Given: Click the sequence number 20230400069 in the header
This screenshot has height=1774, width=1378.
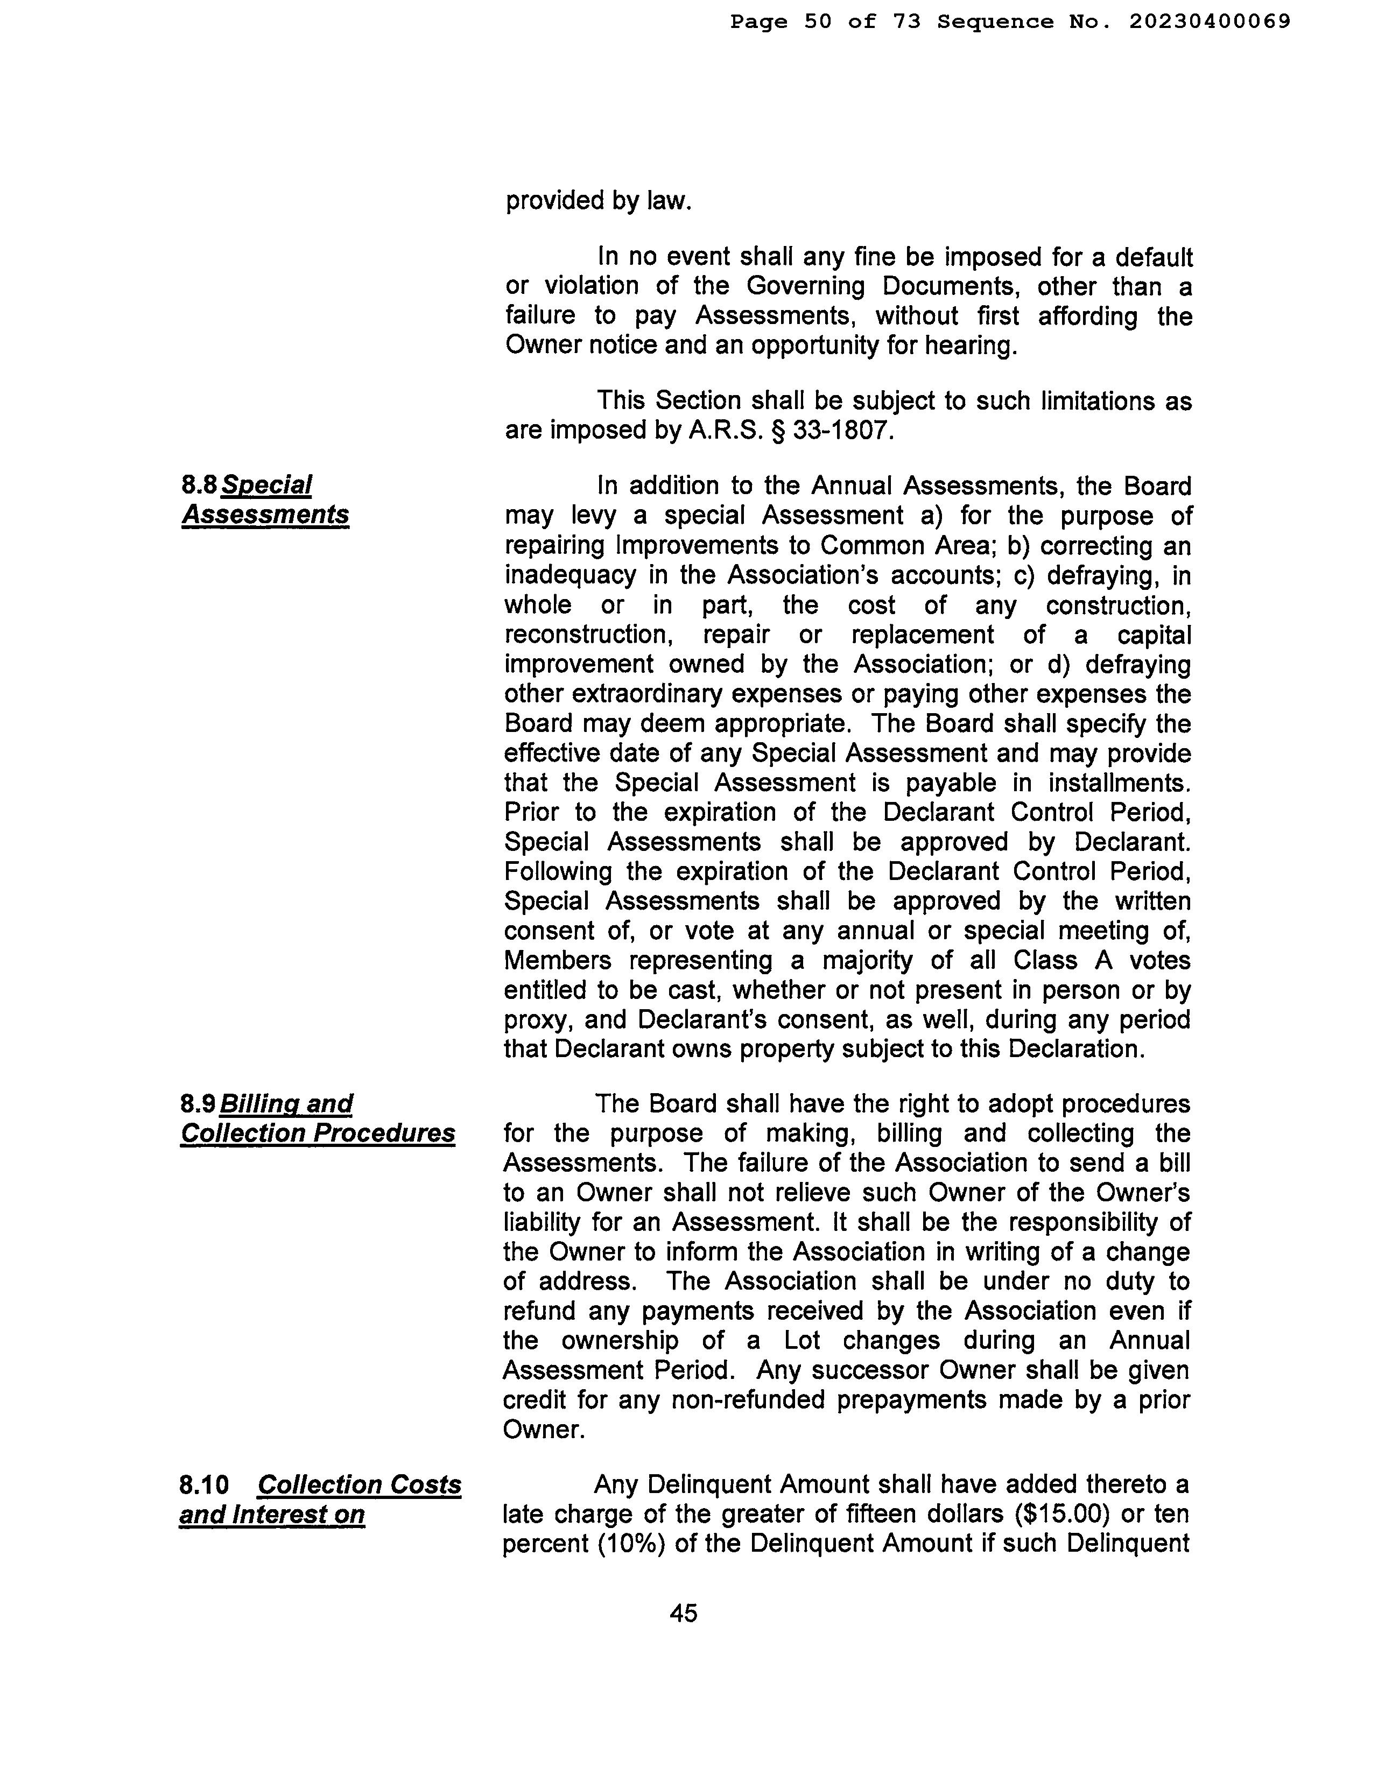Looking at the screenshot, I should (x=1209, y=22).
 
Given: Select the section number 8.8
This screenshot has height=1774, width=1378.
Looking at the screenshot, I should (x=199, y=485).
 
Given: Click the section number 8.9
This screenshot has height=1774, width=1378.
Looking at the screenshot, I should (x=198, y=1104).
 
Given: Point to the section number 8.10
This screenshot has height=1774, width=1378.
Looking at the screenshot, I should (x=205, y=1485).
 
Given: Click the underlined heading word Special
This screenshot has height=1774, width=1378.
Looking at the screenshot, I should (x=266, y=485).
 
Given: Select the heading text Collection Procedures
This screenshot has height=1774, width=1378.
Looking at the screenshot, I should (x=318, y=1133).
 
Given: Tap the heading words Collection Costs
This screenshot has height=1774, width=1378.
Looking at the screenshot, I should (x=359, y=1485).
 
